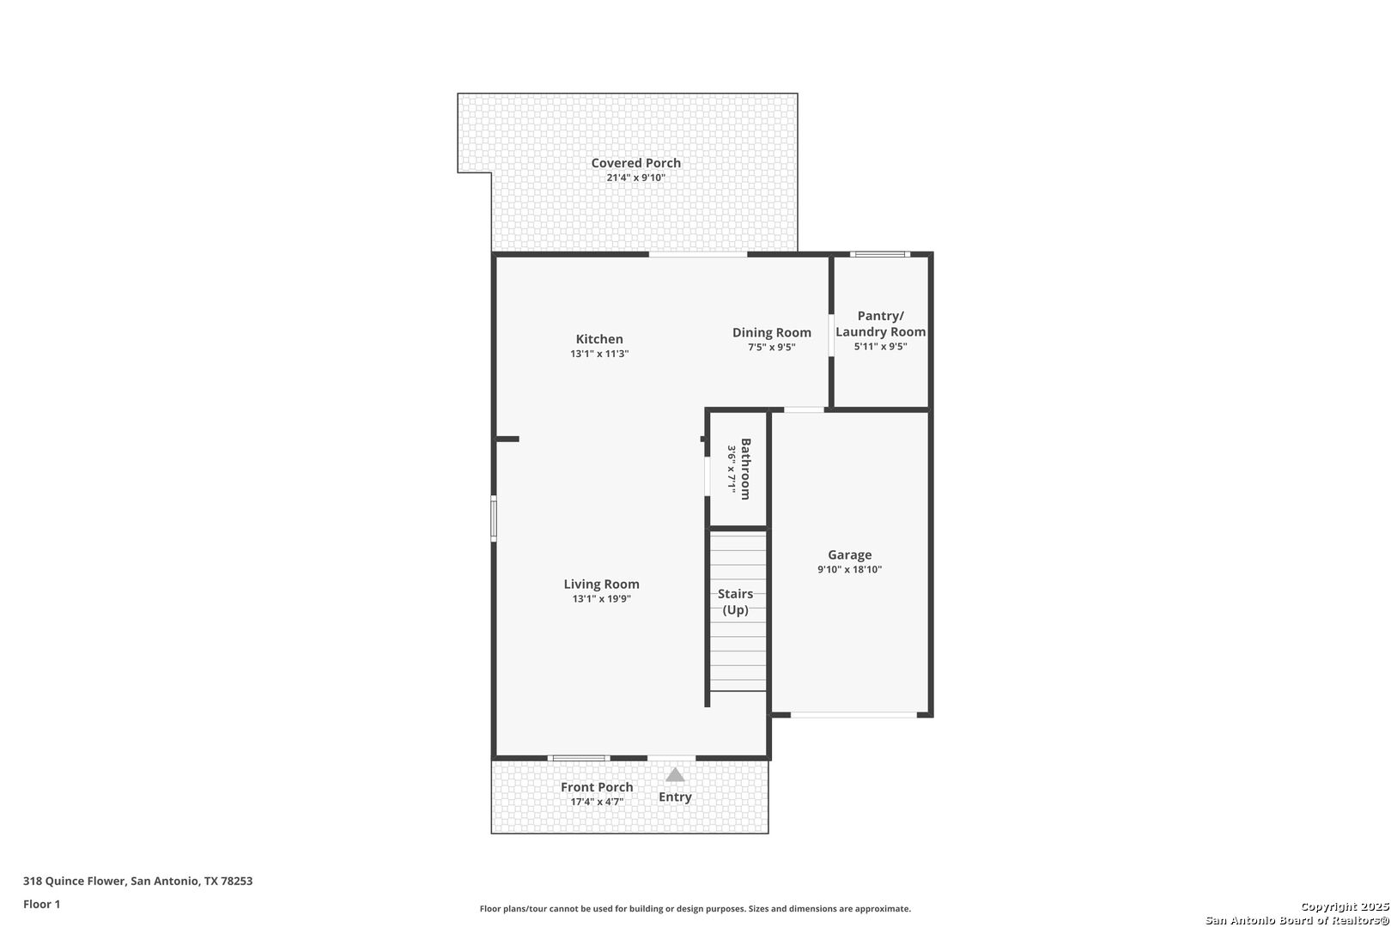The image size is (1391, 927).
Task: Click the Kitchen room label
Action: tap(599, 339)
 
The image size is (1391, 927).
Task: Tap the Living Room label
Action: tap(601, 585)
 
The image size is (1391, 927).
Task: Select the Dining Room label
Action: tap(771, 333)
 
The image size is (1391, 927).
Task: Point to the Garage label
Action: tap(849, 554)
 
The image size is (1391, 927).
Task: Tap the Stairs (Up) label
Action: tap(735, 602)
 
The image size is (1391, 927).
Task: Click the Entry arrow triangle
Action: tap(675, 775)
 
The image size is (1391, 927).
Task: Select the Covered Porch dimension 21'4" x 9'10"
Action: tap(636, 179)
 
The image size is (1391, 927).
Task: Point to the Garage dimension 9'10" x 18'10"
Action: tap(849, 570)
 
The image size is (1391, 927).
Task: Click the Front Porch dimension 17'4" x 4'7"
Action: tap(597, 803)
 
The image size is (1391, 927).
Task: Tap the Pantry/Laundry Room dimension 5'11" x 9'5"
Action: tap(881, 347)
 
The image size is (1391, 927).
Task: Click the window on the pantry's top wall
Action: tap(880, 254)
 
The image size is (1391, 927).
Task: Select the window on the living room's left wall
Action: tap(494, 518)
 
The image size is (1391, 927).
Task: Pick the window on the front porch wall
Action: tap(579, 758)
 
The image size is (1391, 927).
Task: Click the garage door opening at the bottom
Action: tap(853, 715)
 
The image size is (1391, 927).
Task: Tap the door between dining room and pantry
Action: tap(831, 336)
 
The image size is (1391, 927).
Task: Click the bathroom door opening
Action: tap(707, 476)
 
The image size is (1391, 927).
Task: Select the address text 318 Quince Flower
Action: tap(74, 881)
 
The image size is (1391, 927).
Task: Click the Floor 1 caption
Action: tap(41, 905)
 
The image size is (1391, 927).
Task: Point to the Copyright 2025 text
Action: tap(1345, 907)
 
